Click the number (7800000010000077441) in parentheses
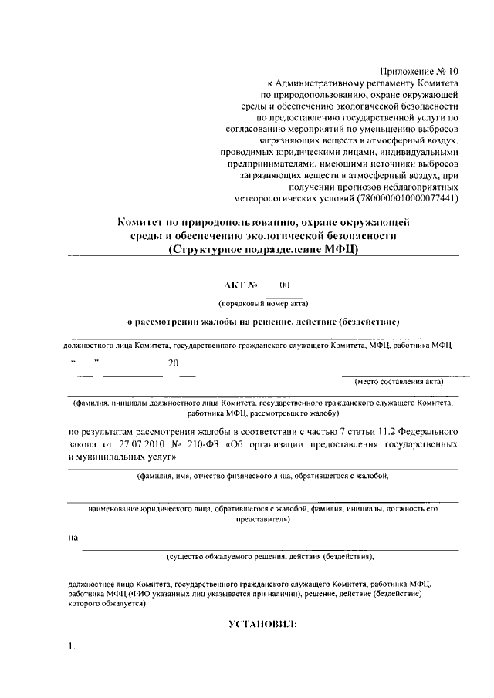[408, 198]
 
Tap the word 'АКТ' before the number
[239, 285]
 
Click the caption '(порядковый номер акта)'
[263, 304]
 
